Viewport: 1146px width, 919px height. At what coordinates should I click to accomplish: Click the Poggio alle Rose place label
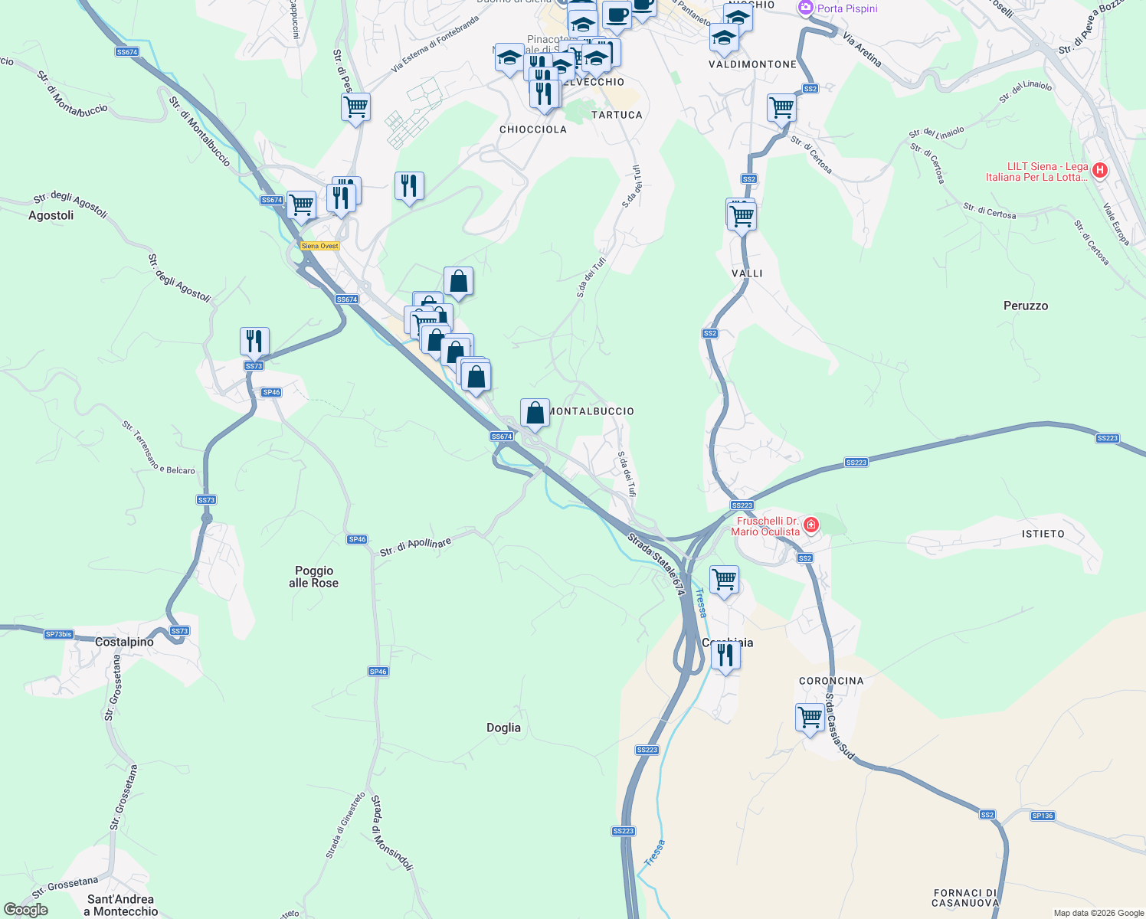pos(314,577)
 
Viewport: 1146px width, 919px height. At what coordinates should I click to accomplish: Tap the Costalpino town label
pos(124,642)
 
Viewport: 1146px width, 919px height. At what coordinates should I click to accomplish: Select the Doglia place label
pos(503,728)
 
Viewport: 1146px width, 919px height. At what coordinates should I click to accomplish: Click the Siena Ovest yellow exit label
pos(319,246)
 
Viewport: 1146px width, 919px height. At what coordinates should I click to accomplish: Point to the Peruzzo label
pos(1025,306)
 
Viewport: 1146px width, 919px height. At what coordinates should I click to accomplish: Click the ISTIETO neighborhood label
pos(1043,534)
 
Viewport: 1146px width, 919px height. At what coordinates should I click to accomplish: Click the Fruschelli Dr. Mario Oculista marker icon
pos(810,525)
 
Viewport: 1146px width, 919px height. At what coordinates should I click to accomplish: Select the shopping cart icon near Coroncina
pos(810,718)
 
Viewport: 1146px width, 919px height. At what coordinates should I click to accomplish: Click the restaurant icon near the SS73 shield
pos(254,341)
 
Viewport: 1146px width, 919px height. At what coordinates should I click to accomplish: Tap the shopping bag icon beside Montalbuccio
pos(535,413)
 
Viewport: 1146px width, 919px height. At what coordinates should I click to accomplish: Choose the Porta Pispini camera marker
pos(805,8)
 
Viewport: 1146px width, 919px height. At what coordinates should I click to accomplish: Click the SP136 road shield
pos(1042,816)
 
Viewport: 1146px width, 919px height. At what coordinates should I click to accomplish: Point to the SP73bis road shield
pos(59,634)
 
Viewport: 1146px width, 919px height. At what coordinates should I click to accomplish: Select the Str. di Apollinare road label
pos(415,547)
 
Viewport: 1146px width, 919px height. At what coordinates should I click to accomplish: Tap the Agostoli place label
pos(51,215)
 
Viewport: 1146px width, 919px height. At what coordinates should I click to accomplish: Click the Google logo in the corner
pos(25,910)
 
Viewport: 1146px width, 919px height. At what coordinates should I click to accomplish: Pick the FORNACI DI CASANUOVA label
pos(965,898)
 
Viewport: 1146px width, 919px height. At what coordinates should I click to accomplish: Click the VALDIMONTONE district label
pos(752,64)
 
